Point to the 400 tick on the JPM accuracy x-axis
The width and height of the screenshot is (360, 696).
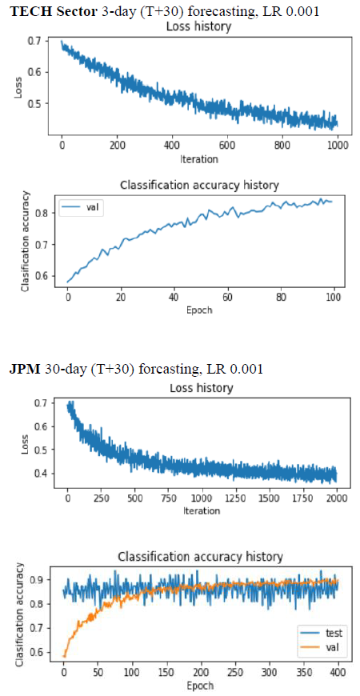coord(338,673)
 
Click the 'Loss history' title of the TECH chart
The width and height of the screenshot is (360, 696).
coord(198,26)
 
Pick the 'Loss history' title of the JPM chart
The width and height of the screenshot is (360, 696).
coord(202,388)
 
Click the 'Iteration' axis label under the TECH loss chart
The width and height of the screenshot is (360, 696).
coord(199,158)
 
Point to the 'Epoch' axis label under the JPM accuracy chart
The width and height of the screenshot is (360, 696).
coord(201,684)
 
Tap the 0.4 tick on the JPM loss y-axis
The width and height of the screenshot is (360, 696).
coord(42,474)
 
